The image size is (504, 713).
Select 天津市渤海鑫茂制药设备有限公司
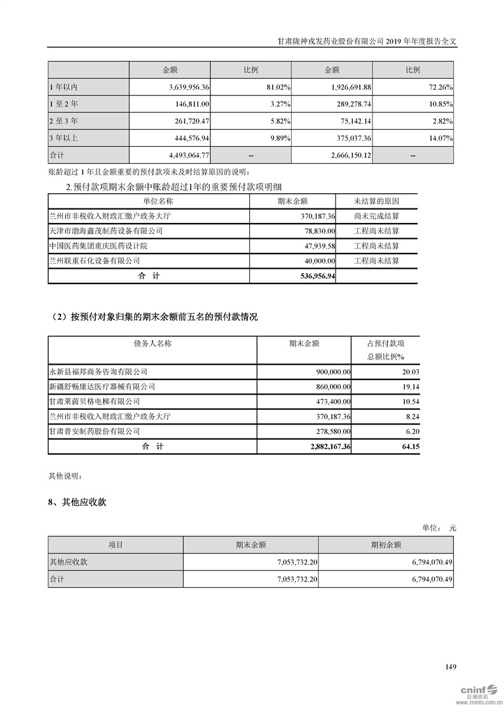[x=101, y=231]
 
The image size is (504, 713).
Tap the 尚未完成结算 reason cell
[x=376, y=216]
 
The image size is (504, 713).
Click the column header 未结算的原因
[x=376, y=201]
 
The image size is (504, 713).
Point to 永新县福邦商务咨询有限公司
[x=98, y=371]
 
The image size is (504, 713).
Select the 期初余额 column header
[x=386, y=545]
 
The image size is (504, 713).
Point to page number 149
[x=451, y=667]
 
